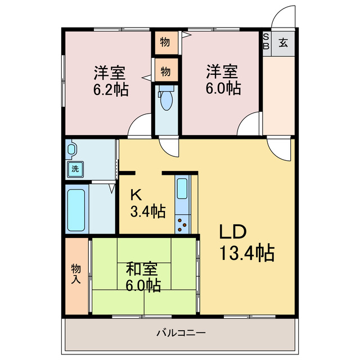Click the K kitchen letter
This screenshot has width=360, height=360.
(x=136, y=195)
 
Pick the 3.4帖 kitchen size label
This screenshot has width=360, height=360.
(x=148, y=211)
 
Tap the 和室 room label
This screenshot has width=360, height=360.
(x=141, y=268)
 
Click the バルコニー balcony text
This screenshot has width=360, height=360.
(x=181, y=332)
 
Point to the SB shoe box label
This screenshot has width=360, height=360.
(x=267, y=42)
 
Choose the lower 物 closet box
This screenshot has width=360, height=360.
(x=166, y=71)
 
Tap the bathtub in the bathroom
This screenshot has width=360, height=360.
(x=76, y=210)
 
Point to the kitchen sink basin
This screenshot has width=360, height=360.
(x=183, y=188)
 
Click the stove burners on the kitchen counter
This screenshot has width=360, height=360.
(x=183, y=224)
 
